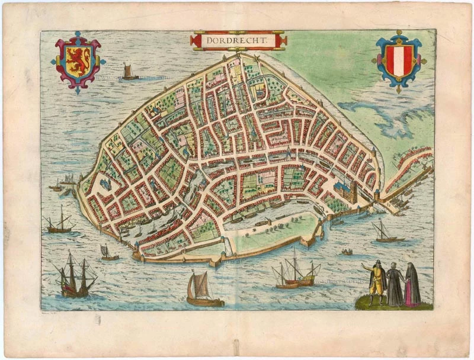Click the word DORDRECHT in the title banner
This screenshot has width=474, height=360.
[238, 40]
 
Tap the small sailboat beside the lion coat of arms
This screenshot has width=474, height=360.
[129, 72]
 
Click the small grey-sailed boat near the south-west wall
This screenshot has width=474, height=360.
[108, 253]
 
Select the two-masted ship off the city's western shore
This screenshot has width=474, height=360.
[60, 221]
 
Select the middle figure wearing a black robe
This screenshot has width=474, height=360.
[395, 285]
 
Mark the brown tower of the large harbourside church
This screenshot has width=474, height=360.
[354, 190]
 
